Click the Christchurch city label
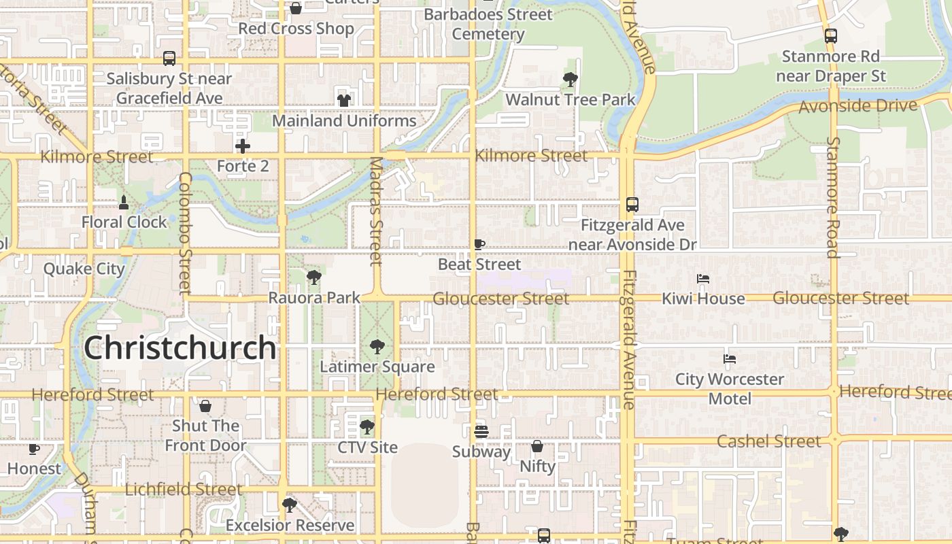tap(180, 347)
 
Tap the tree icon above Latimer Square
tap(377, 347)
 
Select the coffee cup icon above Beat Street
tap(479, 244)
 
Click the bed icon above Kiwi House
tap(703, 279)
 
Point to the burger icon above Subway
tap(481, 431)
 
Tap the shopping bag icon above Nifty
tap(537, 446)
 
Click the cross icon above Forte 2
tap(243, 146)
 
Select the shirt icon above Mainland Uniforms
tap(344, 101)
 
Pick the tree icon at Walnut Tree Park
tap(571, 80)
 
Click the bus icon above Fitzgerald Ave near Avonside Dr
tap(632, 204)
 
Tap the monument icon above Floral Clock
tap(124, 202)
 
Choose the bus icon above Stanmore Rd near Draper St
tap(830, 36)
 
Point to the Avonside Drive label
tap(857, 106)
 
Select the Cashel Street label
tap(768, 441)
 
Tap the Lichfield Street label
tap(184, 489)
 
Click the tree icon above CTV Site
tap(367, 427)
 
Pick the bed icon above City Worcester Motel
tap(730, 359)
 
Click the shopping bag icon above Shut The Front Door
tap(205, 406)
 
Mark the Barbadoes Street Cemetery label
tap(488, 24)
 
